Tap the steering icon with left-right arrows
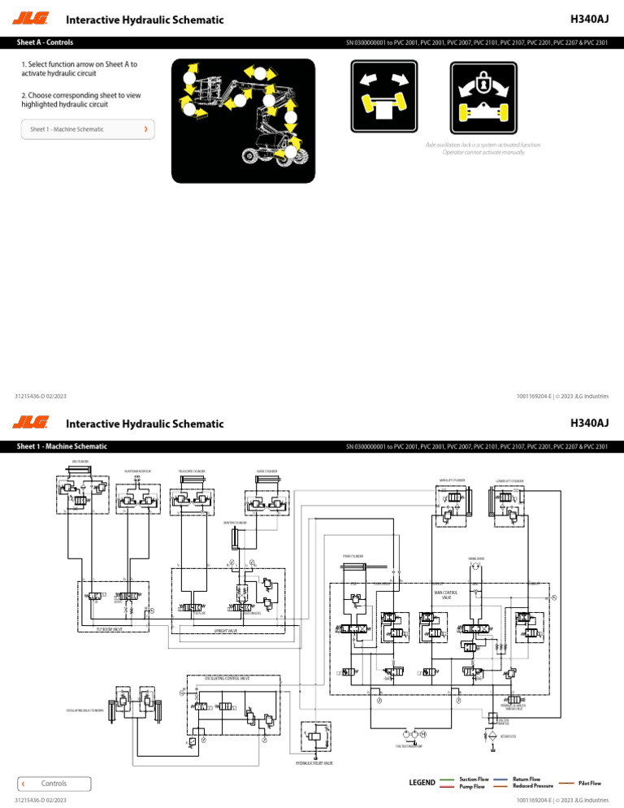(x=387, y=96)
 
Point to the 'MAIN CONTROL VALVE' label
(x=446, y=595)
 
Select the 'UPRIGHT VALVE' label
(x=225, y=630)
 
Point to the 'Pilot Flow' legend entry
(x=589, y=783)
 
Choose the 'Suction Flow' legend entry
(x=474, y=779)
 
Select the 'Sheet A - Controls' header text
(x=50, y=41)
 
